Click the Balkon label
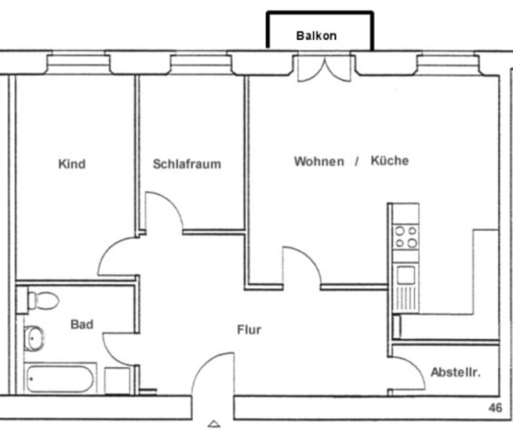click(316, 36)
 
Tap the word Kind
click(72, 163)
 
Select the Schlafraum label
click(186, 163)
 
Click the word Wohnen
click(318, 161)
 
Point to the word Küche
click(390, 161)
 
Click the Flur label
click(249, 330)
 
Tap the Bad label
click(82, 324)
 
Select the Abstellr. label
click(455, 372)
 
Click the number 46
click(495, 408)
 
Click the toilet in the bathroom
click(42, 300)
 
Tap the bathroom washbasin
click(34, 338)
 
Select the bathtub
click(60, 378)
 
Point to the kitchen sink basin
click(406, 276)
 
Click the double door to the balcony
click(324, 68)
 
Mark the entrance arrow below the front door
click(214, 424)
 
